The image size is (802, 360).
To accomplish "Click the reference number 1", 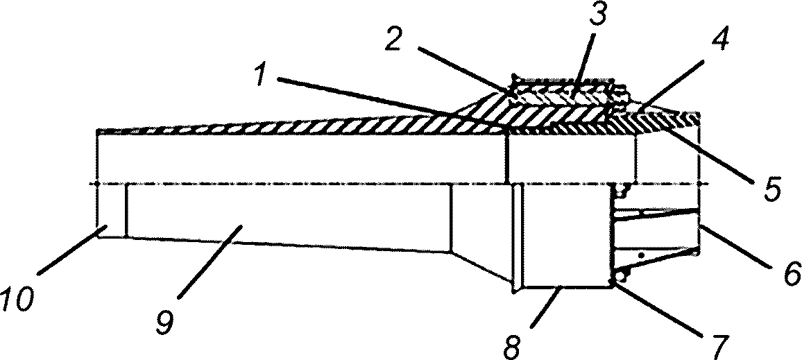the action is (x=262, y=76).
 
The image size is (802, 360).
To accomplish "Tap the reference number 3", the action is (x=597, y=17).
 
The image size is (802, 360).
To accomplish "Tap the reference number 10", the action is (x=15, y=299).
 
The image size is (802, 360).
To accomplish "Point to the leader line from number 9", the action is (x=210, y=261).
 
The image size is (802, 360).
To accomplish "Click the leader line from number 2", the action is (x=466, y=70).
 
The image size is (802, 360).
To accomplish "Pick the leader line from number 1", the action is (x=394, y=103).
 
